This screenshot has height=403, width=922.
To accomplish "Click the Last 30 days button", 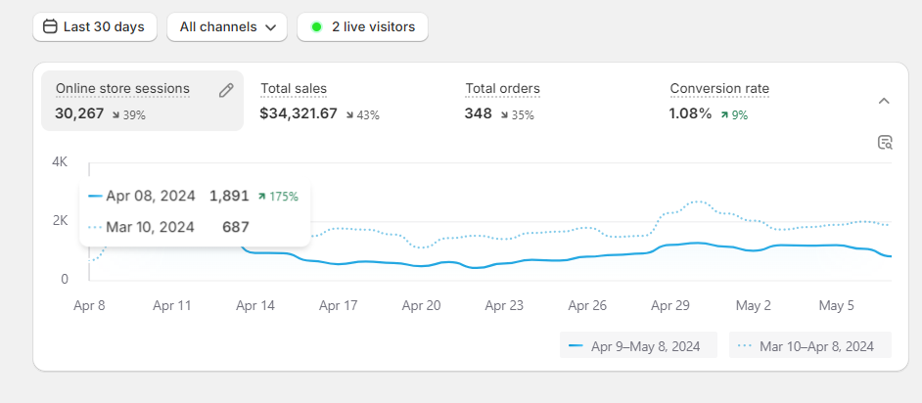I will [x=95, y=27].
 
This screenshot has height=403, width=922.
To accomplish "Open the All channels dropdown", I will [x=227, y=27].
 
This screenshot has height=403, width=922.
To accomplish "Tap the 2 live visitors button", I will [x=362, y=27].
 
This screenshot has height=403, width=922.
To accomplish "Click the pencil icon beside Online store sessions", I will [x=226, y=90].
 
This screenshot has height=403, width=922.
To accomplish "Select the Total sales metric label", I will [x=294, y=89].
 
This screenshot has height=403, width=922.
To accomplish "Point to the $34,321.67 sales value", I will [x=299, y=113].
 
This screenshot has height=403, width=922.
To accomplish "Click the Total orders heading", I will [x=502, y=89].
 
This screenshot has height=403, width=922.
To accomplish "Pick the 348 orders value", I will [x=479, y=113].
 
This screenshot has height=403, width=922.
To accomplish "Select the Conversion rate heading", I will [x=719, y=89].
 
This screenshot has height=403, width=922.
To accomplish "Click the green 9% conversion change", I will [x=734, y=114].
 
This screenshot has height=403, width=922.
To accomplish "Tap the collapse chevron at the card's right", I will [x=884, y=101].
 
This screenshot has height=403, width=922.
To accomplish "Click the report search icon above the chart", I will [x=885, y=143].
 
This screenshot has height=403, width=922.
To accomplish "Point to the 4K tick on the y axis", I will [x=60, y=161].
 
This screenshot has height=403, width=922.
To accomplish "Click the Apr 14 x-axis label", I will [x=255, y=305].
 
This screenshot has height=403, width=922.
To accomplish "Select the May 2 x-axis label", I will [x=754, y=305].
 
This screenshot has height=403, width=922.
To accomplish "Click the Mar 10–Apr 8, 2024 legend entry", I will [x=809, y=345].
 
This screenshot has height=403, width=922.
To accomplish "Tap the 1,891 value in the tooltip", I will [x=229, y=196].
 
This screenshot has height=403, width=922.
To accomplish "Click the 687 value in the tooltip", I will [x=236, y=227].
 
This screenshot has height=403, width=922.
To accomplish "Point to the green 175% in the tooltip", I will [x=279, y=196].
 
